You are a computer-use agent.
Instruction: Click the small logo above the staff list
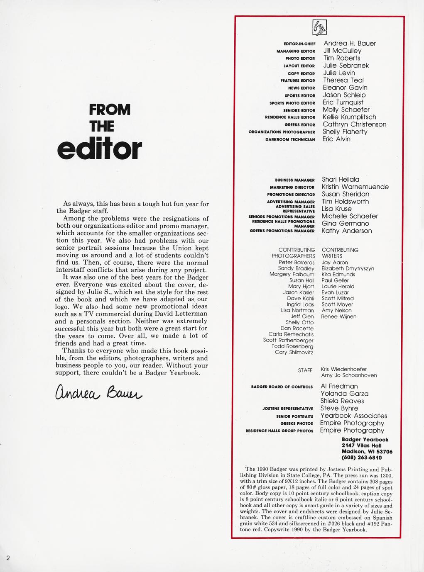[320, 28]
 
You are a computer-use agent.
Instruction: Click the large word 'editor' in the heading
[100, 150]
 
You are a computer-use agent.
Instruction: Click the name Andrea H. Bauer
[349, 44]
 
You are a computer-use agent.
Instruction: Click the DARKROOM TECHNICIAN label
[290, 139]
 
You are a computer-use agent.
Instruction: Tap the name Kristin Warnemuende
[355, 187]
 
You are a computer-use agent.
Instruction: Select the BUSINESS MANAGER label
[295, 180]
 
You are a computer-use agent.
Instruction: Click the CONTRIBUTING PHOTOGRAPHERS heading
[294, 253]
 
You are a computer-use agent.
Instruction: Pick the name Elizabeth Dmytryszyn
[348, 268]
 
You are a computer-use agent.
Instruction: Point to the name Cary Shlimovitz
[294, 352]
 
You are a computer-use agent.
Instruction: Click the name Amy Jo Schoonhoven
[349, 375]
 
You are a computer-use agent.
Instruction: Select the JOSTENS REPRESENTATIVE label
[288, 409]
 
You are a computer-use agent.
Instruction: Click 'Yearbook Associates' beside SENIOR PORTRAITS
[353, 416]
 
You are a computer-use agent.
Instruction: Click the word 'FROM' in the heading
[110, 110]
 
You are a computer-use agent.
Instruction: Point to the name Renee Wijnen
[339, 316]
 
